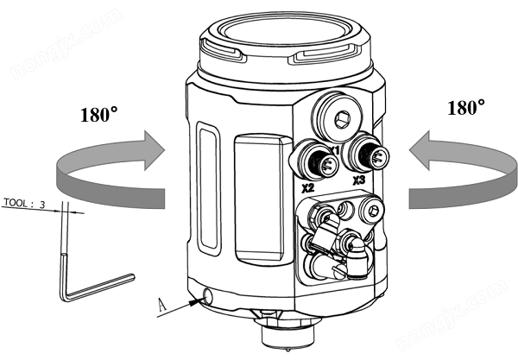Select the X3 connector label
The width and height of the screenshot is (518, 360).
click(359, 182)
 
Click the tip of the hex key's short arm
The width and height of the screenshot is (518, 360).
click(131, 277)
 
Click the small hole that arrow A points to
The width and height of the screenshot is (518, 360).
click(207, 297)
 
